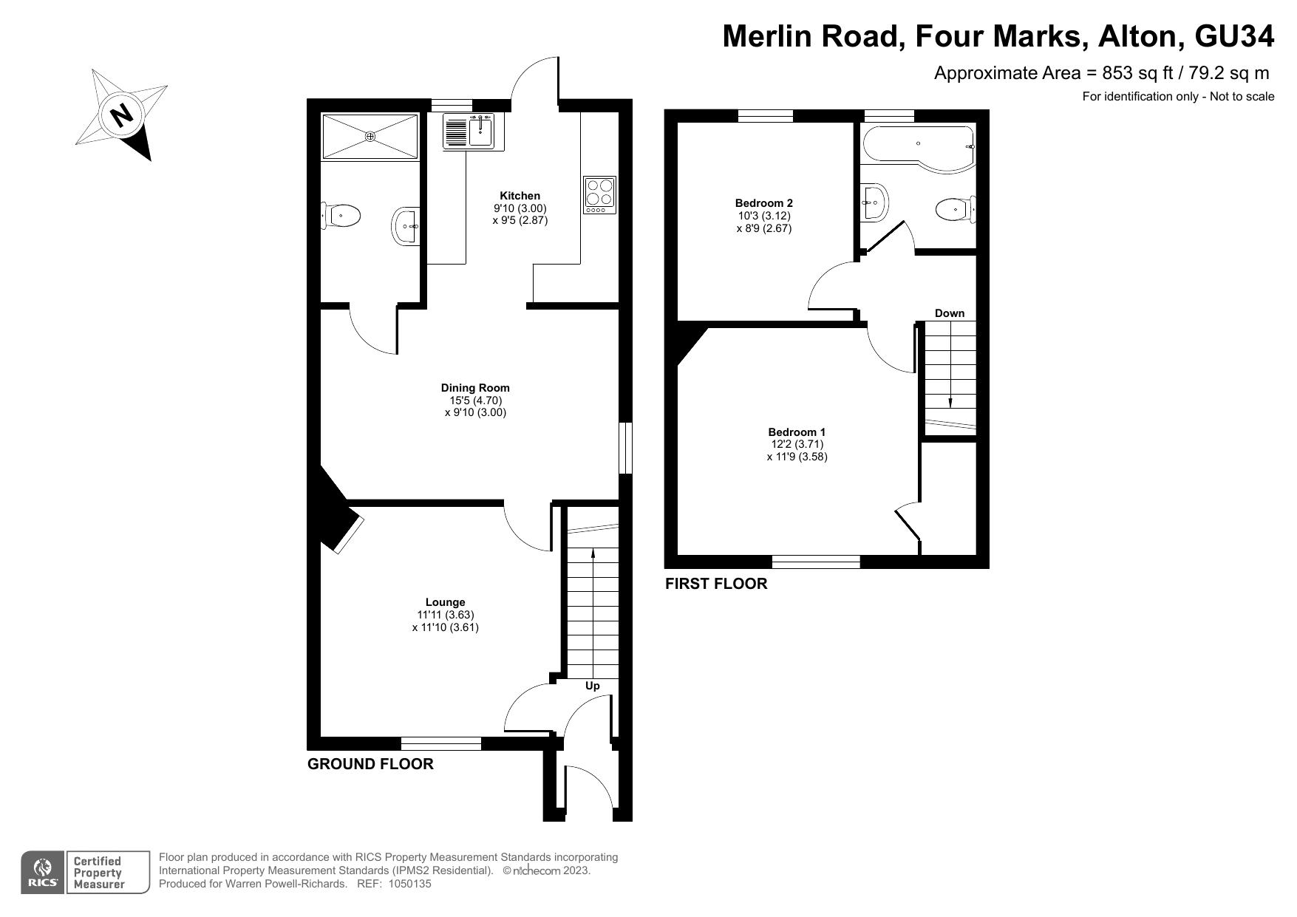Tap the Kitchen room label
click(x=520, y=196)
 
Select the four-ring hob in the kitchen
click(x=599, y=196)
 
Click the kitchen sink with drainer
click(x=469, y=132)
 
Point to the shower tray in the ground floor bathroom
click(x=370, y=136)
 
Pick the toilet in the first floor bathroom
click(x=956, y=210)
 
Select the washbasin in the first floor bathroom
click(x=875, y=202)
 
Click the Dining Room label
click(x=475, y=388)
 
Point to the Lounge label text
click(x=446, y=602)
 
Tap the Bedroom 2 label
click(x=764, y=203)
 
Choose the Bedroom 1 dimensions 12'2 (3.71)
click(x=797, y=445)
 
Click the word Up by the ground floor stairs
click(x=593, y=686)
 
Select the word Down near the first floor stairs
click(x=950, y=313)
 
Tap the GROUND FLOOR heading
click(x=370, y=764)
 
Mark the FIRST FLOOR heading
click(x=716, y=584)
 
